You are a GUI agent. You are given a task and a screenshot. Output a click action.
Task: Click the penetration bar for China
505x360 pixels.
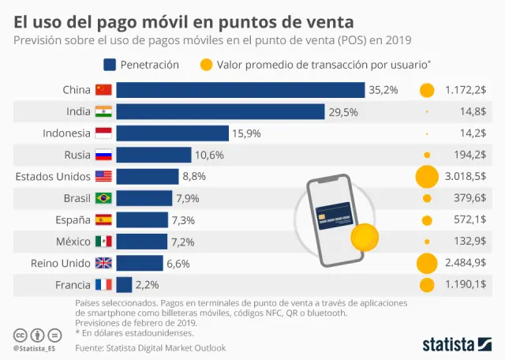coord(241,90)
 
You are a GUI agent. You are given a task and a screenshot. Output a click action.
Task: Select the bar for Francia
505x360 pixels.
coord(124,285)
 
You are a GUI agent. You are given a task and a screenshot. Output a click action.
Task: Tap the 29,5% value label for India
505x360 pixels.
coord(343,112)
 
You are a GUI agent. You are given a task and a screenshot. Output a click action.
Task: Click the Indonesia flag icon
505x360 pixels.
coord(103,133)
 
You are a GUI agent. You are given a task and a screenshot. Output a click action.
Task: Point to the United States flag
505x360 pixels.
coord(103,177)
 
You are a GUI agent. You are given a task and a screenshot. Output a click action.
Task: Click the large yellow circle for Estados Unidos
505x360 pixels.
coord(427,177)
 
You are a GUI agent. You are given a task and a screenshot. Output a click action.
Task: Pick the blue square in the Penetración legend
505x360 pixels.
coord(110,64)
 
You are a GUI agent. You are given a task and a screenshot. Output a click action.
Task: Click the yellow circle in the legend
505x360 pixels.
coord(207,64)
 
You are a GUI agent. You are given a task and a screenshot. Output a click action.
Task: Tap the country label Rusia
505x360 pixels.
coord(77,155)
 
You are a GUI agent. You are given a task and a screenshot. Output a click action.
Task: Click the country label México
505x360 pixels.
coord(73,242)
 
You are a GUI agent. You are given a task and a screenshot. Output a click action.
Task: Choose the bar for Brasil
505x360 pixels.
coord(144,198)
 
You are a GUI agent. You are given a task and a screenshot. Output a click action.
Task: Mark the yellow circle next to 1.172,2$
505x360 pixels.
coord(427,90)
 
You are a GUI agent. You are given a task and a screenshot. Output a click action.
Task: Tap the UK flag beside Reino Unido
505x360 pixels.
coord(103,264)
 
